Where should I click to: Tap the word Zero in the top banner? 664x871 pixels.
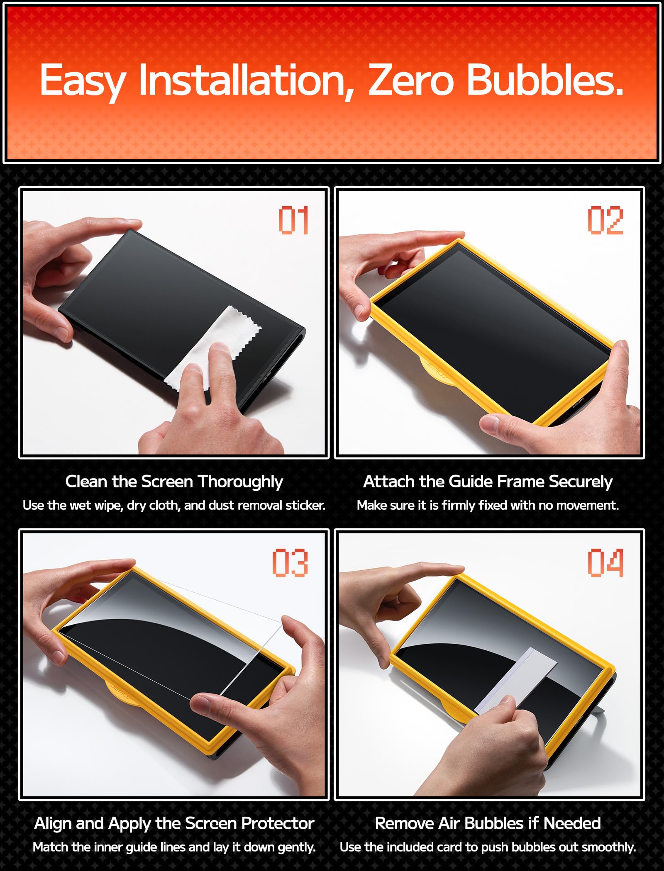point(410,80)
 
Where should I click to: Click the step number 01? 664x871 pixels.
point(293,220)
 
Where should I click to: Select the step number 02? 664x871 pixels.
point(605,220)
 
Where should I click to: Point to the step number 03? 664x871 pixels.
point(290,563)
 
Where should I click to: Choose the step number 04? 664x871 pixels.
point(605,563)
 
